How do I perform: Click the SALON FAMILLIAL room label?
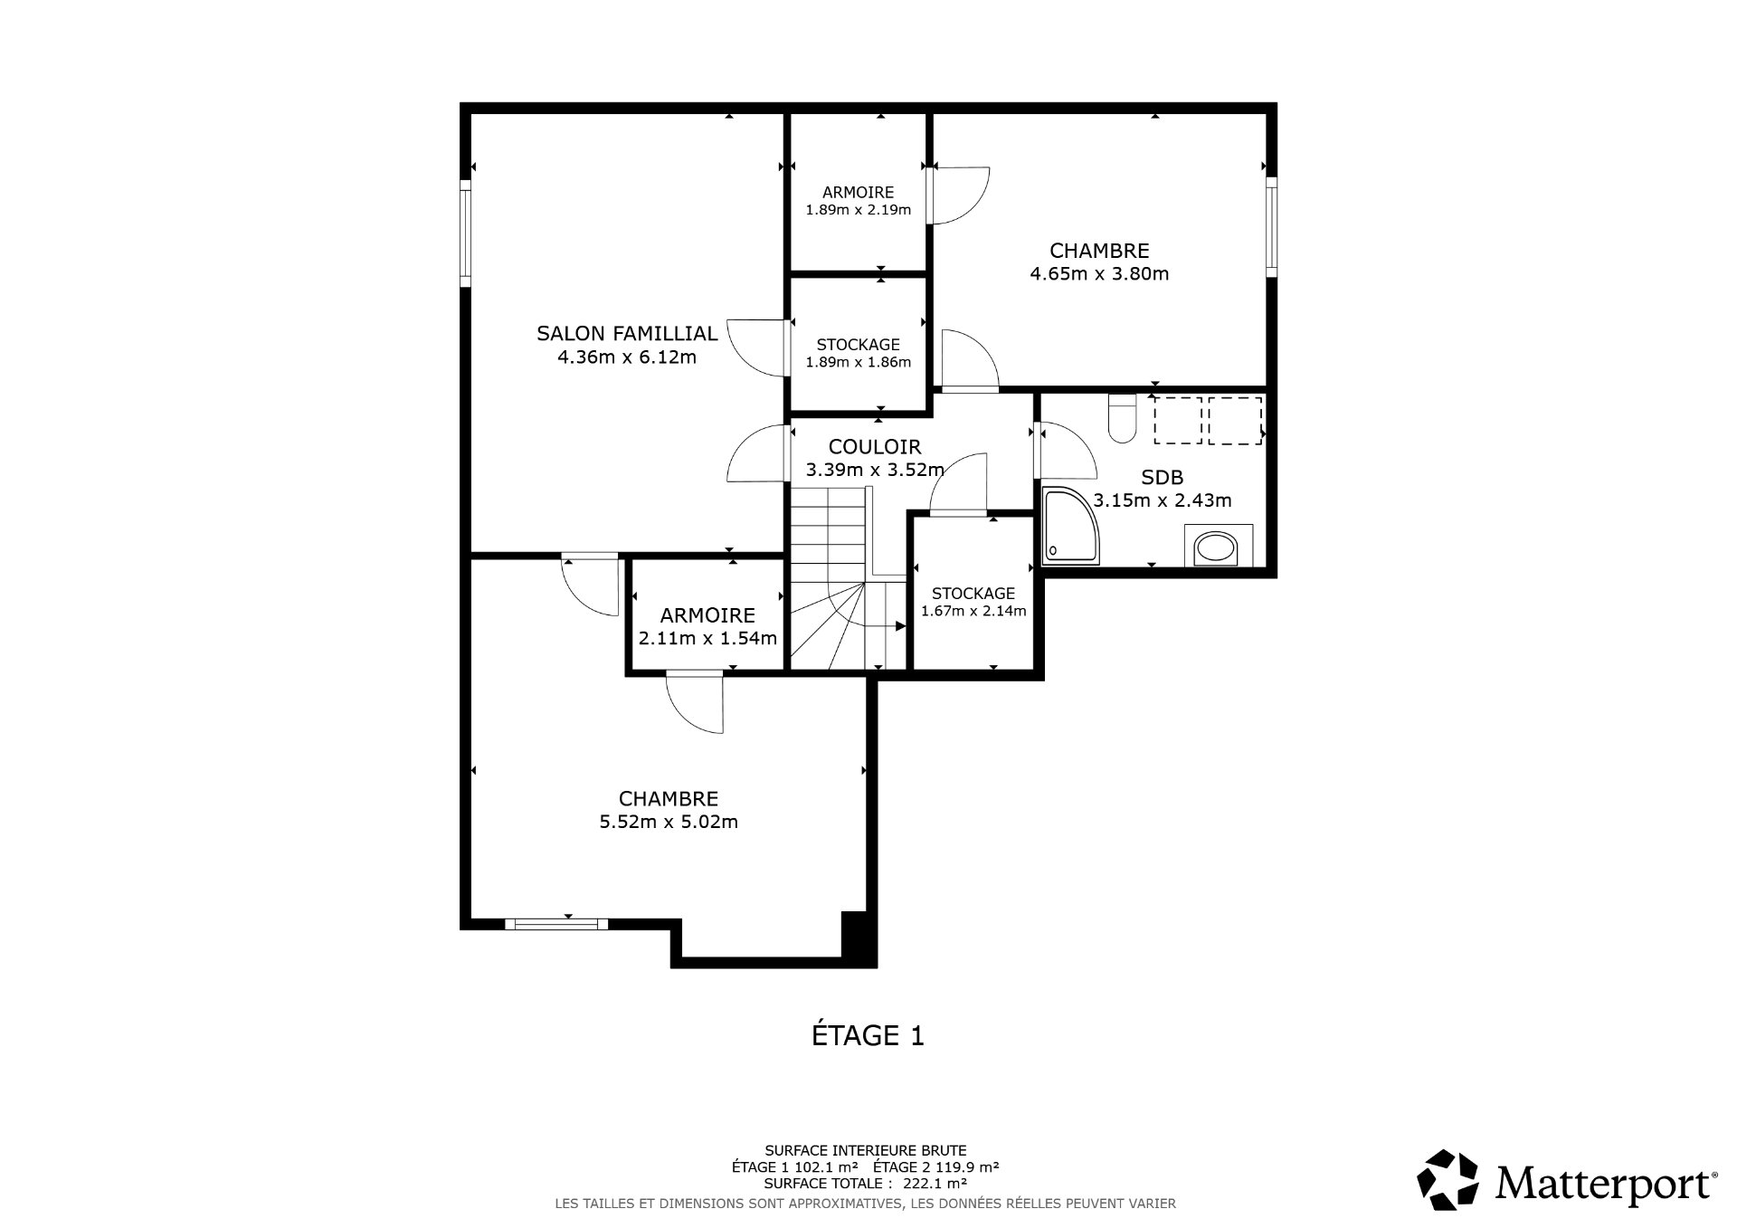point(627,333)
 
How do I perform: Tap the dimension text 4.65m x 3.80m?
point(1099,273)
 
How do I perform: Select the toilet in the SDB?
point(1122,419)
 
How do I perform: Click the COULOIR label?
point(874,446)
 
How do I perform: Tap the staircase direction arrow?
point(899,626)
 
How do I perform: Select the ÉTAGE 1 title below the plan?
point(868,1035)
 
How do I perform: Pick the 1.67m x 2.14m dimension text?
point(973,611)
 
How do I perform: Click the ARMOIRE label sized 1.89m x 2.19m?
point(858,192)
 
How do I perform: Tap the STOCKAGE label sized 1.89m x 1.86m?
point(858,344)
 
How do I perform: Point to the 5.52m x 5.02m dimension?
point(669,822)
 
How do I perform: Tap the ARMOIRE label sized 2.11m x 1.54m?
point(707,615)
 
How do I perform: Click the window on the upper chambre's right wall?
point(1270,226)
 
